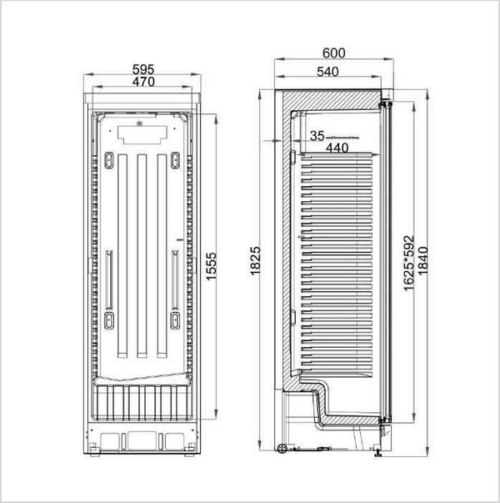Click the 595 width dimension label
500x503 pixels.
(x=143, y=69)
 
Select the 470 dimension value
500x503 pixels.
(x=143, y=82)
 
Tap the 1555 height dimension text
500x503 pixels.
(x=211, y=267)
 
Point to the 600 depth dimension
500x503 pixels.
(x=333, y=53)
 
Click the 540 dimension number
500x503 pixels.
(x=327, y=72)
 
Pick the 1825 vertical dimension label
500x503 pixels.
(x=255, y=261)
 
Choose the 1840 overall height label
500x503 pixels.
(x=422, y=260)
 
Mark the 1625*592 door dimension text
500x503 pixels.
(x=408, y=263)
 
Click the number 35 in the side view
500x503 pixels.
(x=317, y=136)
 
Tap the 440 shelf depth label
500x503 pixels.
(x=337, y=148)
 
